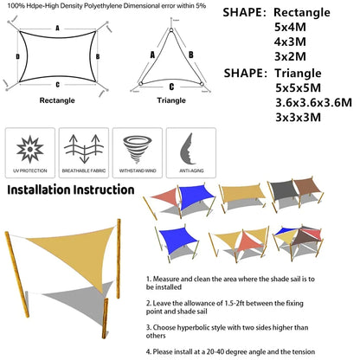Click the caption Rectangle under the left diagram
57,100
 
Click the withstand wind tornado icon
138,147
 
